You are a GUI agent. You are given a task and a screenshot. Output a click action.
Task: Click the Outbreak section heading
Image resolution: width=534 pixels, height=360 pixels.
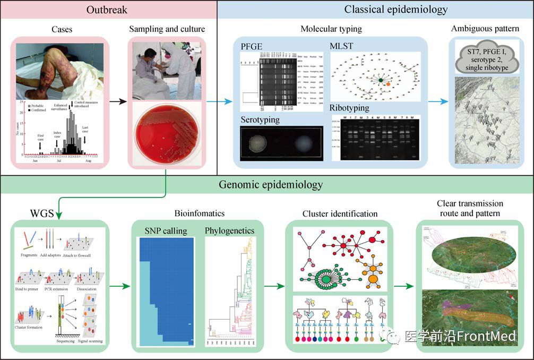pos(108,10)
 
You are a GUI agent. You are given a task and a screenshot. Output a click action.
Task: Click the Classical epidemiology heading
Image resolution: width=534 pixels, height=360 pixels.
pos(395,10)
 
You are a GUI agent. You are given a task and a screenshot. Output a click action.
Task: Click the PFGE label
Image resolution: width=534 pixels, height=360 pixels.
pos(252,46)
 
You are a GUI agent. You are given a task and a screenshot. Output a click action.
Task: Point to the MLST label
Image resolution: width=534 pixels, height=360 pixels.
pos(342,46)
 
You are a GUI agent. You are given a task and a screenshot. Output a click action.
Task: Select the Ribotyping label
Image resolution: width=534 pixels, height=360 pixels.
pos(350,108)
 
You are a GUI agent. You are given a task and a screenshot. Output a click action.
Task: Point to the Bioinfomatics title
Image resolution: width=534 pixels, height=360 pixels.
pos(199,213)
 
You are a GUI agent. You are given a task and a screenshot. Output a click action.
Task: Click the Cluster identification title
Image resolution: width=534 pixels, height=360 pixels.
pos(340,213)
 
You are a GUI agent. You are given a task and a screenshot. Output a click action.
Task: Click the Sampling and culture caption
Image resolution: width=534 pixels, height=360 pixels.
pos(167,29)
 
